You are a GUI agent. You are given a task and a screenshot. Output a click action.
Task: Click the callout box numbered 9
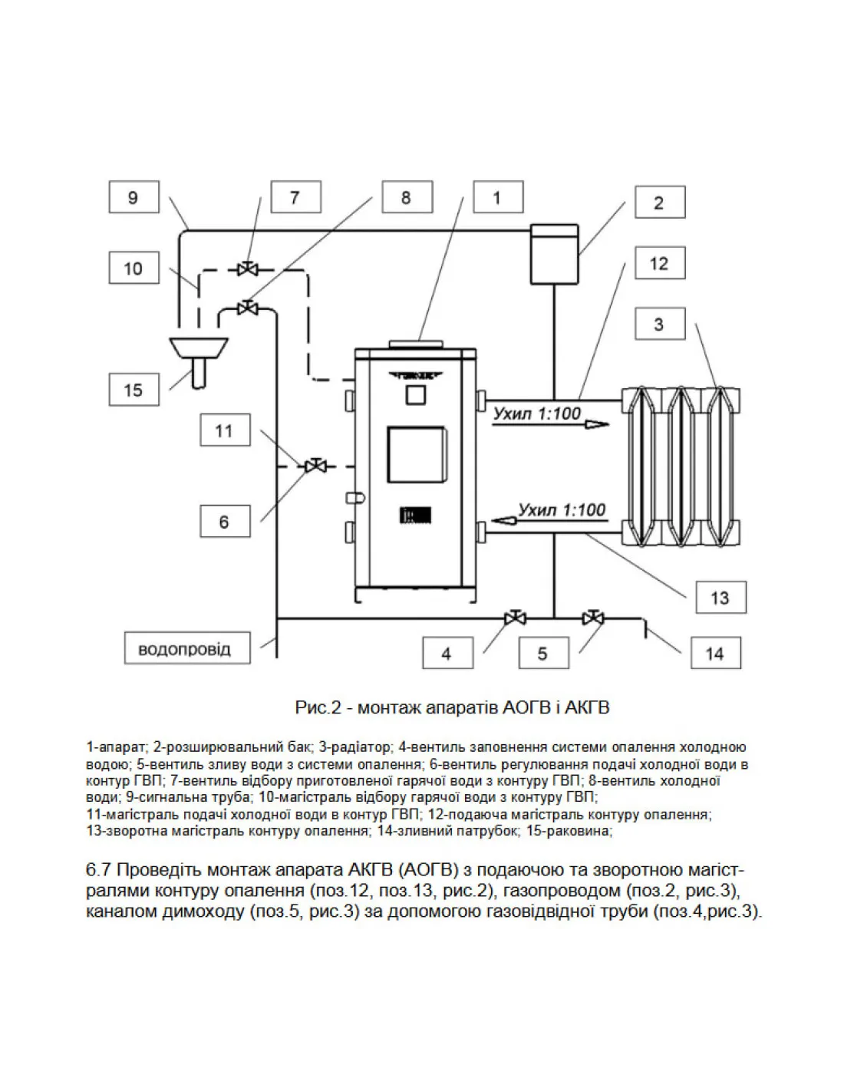tap(134, 197)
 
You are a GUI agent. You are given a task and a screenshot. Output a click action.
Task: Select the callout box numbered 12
tap(660, 262)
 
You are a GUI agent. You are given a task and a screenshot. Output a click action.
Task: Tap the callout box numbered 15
tap(134, 390)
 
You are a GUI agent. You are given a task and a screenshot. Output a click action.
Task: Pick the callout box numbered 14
tap(715, 653)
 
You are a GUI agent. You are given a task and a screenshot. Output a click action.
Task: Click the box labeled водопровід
tap(187, 648)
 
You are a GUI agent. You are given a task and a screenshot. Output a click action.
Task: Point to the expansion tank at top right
tap(554, 253)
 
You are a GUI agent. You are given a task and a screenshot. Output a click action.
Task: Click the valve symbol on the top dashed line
tap(246, 269)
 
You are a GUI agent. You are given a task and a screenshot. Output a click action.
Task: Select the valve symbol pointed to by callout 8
tap(247, 307)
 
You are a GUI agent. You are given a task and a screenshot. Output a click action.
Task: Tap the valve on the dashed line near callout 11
tap(316, 466)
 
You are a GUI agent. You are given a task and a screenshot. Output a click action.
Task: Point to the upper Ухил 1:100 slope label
tap(537, 414)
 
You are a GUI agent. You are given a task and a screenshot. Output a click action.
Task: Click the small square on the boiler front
tap(416, 394)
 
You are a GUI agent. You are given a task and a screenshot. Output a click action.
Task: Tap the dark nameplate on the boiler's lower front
tap(416, 515)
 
